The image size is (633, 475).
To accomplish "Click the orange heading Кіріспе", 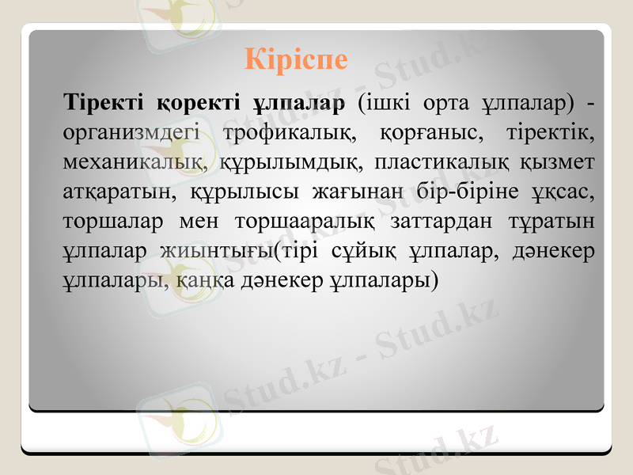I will point(296,60).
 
